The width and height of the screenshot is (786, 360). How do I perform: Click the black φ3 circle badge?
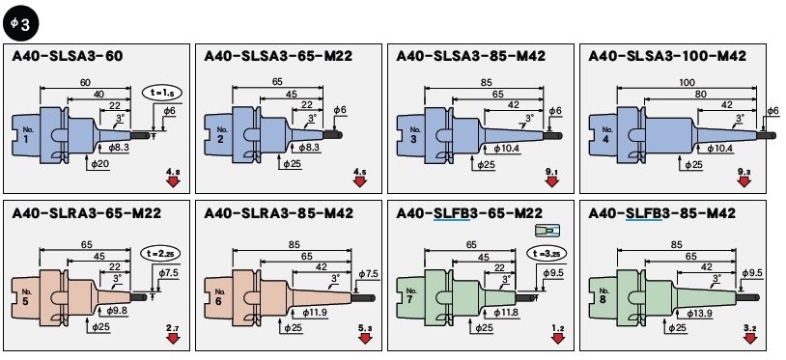21,23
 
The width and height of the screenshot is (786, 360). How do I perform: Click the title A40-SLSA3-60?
68,56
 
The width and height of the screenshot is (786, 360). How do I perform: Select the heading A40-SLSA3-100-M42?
667,56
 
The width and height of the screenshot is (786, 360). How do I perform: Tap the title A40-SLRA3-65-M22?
87,213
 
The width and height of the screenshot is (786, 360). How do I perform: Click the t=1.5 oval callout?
162,93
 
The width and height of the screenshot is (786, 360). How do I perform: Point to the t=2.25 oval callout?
160,254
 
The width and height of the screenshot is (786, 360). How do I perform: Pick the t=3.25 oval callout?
547,254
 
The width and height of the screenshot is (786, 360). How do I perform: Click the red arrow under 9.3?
744,181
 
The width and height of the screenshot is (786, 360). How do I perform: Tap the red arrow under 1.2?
558,339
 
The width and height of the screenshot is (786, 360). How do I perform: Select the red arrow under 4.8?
174,181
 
